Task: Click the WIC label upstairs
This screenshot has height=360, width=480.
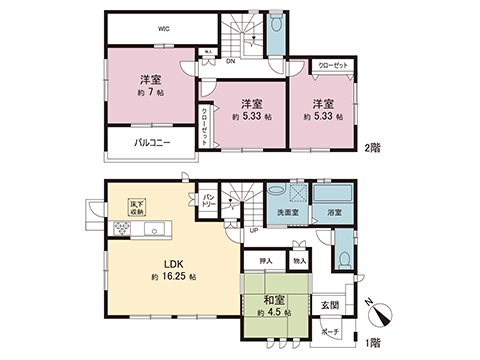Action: coord(162,29)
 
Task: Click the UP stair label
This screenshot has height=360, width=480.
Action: coord(254,230)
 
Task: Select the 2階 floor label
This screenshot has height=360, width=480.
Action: coord(374,149)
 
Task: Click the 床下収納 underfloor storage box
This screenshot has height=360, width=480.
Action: coord(136,208)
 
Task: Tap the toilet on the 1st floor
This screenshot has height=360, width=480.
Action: coord(343,257)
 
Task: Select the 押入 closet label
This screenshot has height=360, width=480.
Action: coord(265,262)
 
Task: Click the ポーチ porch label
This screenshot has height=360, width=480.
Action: coord(330,331)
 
